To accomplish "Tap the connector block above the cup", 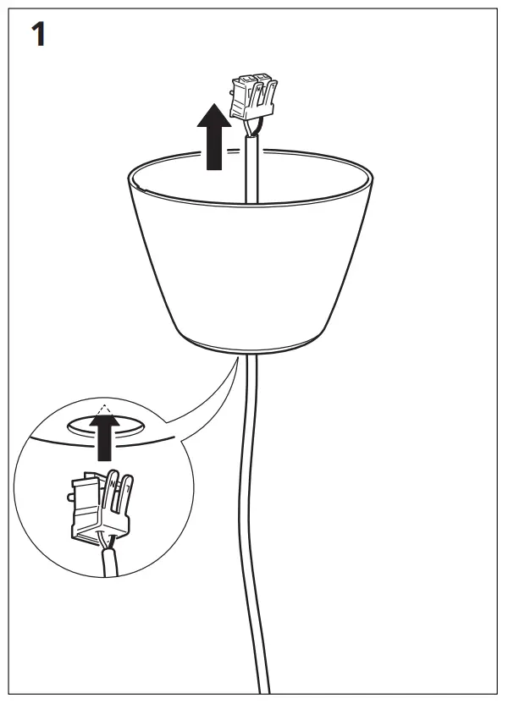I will point(255,95).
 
